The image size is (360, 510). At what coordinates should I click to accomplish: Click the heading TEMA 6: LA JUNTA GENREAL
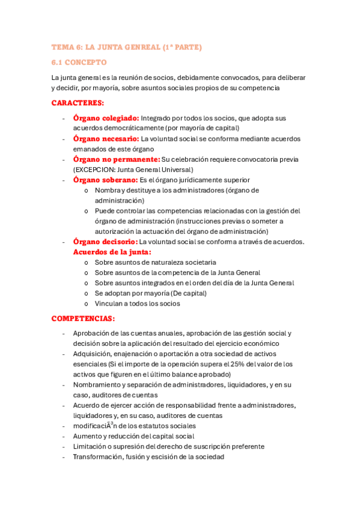[x=126, y=46]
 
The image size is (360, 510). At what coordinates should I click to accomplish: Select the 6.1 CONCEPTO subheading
[x=79, y=62]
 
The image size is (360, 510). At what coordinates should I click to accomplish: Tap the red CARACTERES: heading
[x=78, y=103]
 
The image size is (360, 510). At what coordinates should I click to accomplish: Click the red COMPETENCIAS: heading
[x=83, y=318]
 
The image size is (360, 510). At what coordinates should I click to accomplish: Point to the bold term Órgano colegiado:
[x=106, y=118]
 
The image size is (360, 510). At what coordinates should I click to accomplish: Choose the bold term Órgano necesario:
[x=106, y=139]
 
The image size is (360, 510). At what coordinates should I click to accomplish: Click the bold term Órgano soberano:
[x=105, y=180]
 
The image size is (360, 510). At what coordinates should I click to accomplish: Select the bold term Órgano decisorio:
[x=106, y=242]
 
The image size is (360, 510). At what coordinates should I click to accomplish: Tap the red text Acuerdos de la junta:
[x=112, y=252]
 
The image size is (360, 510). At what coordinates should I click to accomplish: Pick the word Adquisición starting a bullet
[x=93, y=354]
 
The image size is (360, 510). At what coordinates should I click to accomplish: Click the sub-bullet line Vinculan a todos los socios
[x=137, y=304]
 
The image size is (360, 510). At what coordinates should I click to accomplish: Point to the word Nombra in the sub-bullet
[x=107, y=190]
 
